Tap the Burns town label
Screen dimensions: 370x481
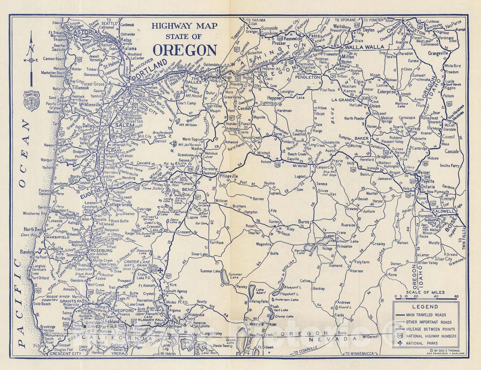pyautogui.click(x=304, y=222)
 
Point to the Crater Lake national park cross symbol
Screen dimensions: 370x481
pyautogui.click(x=161, y=270)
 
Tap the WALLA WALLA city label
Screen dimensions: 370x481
pyautogui.click(x=364, y=47)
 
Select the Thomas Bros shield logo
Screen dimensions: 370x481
pyautogui.click(x=29, y=99)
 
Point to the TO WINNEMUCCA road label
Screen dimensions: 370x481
pyautogui.click(x=359, y=354)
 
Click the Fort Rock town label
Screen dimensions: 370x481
pyautogui.click(x=217, y=243)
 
